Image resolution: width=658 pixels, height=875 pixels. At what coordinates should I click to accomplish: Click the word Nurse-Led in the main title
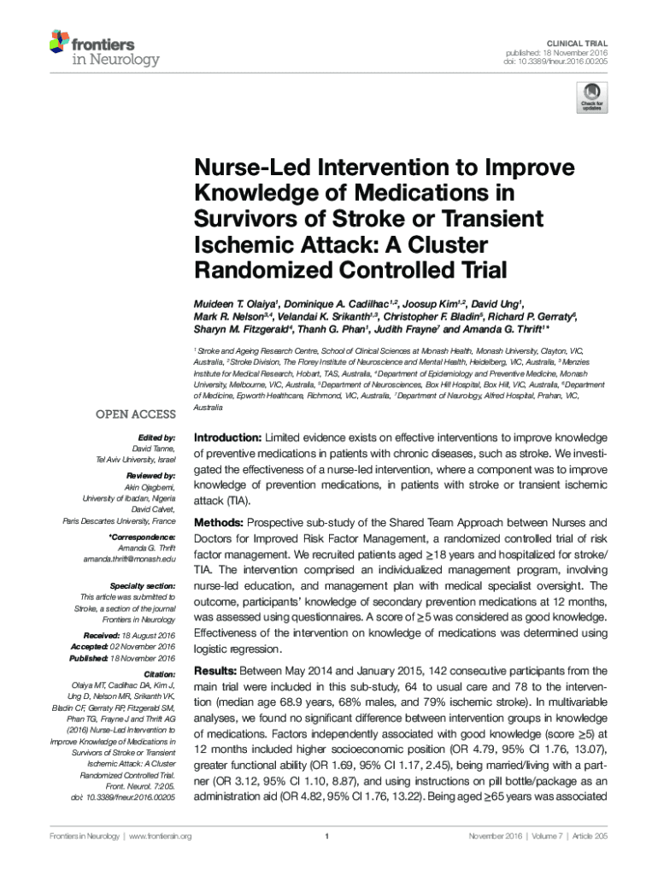[249, 169]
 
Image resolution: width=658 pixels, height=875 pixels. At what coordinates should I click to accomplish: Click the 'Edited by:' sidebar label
[156, 437]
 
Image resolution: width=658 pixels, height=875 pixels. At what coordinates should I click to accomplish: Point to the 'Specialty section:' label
[140, 585]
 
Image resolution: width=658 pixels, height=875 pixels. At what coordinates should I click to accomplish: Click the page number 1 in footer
[328, 836]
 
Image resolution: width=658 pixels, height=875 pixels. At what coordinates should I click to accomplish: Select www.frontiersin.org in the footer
[159, 836]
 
